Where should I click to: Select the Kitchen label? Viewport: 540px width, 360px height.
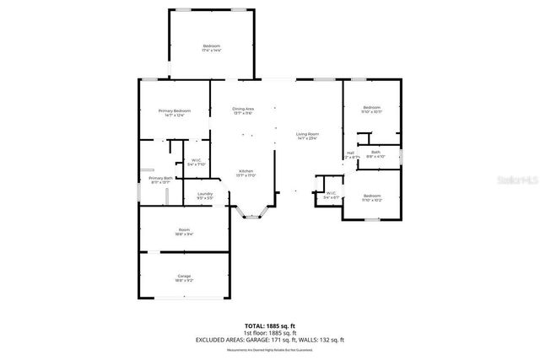tap(246, 173)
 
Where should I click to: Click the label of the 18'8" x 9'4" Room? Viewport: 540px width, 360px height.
tap(184, 232)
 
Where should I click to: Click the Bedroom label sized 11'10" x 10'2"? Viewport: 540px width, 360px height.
tap(372, 197)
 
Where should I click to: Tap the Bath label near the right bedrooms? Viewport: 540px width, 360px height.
tap(375, 154)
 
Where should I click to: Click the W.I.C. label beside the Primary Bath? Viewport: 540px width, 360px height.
tap(196, 162)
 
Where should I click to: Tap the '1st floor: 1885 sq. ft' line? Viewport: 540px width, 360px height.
tap(270, 333)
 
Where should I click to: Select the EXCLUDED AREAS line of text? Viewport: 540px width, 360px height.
tap(270, 340)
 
